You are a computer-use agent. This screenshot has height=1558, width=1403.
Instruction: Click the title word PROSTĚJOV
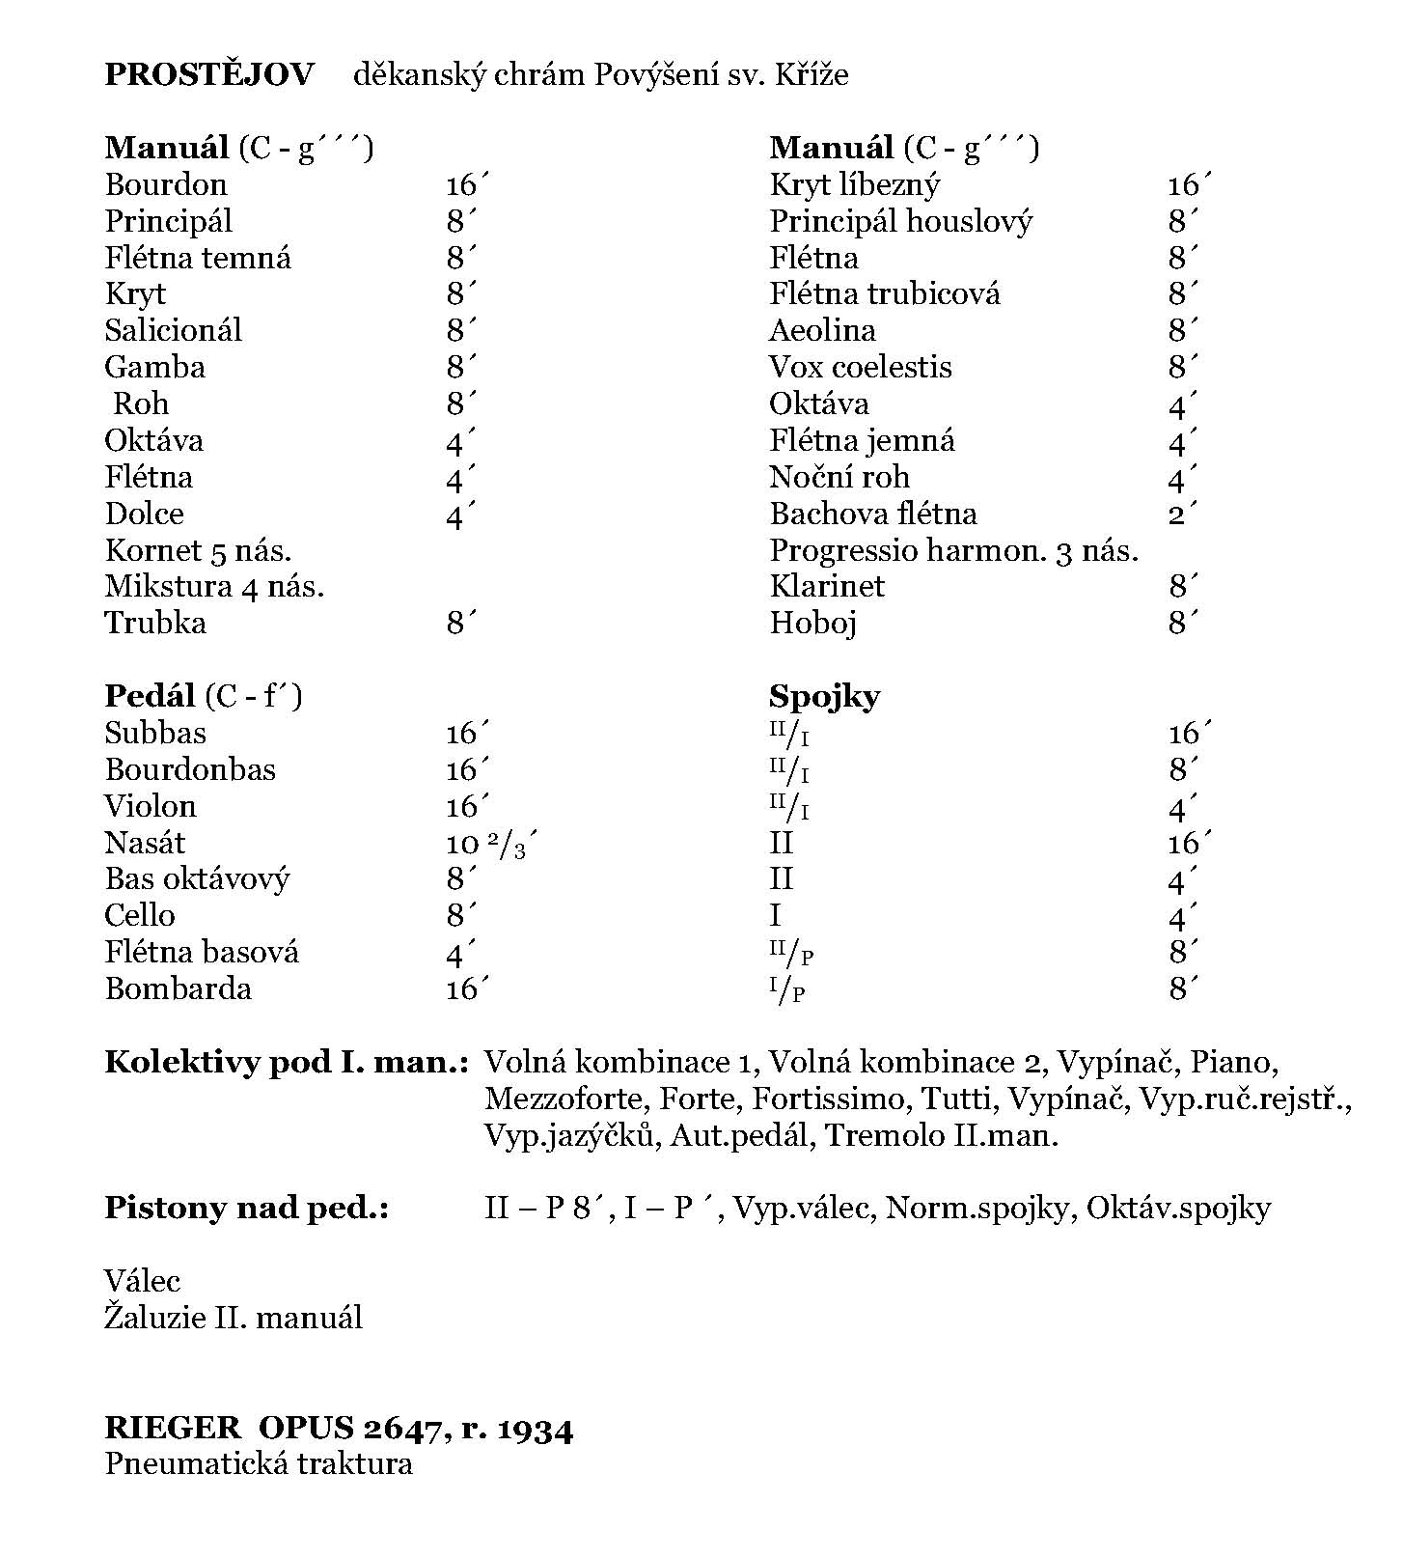[209, 74]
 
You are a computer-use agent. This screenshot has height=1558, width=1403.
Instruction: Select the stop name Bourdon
[166, 184]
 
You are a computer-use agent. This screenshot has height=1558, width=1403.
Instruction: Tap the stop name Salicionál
[174, 330]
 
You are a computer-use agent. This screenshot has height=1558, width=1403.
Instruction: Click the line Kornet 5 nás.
[198, 550]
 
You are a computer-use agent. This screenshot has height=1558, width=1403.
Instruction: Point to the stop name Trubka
[155, 623]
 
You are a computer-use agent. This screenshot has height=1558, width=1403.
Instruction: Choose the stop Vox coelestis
[860, 367]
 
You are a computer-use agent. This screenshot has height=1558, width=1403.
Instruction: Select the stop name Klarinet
[827, 586]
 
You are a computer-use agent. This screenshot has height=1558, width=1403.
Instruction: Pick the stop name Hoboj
[813, 624]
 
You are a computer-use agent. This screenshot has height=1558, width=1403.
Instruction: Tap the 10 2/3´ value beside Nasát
[490, 844]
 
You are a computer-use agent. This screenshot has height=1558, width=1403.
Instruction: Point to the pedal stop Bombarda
[179, 989]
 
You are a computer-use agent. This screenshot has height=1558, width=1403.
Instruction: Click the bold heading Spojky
[824, 696]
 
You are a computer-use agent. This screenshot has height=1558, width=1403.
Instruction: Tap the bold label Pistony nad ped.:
[246, 1208]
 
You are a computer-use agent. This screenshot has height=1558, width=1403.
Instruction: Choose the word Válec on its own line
[143, 1281]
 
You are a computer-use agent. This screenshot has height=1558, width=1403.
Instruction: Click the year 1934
[535, 1429]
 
